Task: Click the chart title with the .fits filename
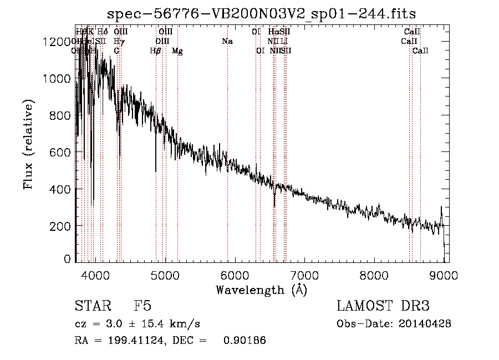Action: [261, 13]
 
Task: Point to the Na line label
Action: [227, 42]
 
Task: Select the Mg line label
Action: [177, 51]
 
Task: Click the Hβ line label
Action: [156, 51]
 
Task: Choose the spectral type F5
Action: [142, 306]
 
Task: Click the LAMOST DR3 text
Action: [383, 306]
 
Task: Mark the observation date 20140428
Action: [427, 324]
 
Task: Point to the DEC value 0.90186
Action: [244, 341]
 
